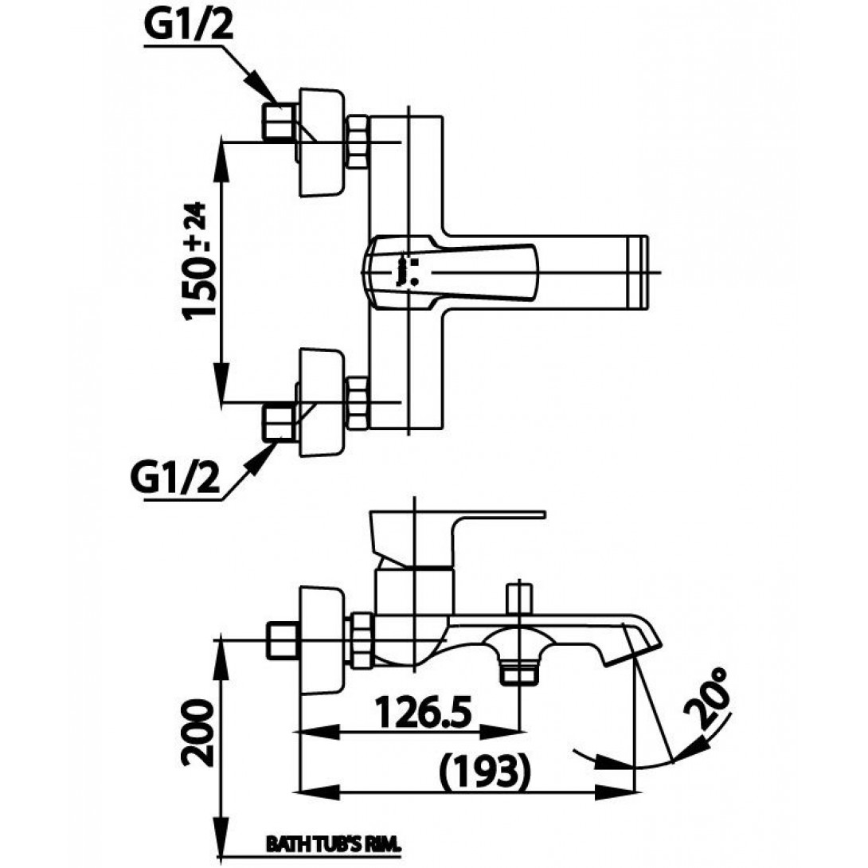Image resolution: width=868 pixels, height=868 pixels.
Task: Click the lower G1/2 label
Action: click(174, 480)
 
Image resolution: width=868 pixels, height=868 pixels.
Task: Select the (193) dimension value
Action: click(485, 769)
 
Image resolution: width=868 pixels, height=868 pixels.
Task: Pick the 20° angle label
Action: click(709, 700)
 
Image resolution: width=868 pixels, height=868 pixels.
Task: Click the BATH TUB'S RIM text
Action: click(331, 843)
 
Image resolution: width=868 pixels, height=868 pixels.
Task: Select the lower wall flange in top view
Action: click(322, 401)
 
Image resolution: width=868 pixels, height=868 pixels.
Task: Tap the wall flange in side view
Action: click(322, 640)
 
